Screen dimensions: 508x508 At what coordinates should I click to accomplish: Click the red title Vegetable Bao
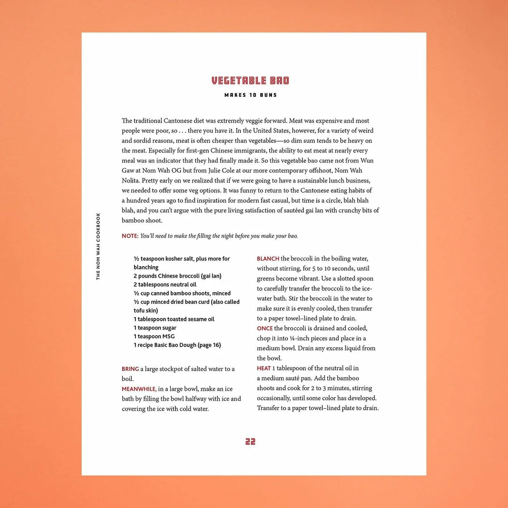pos(250,81)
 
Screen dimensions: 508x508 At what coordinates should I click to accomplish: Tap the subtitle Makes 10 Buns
pos(250,95)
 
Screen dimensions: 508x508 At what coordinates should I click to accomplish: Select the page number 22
pos(250,442)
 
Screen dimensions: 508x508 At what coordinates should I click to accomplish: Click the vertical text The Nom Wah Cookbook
pos(98,246)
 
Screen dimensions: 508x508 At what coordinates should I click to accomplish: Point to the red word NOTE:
pos(130,236)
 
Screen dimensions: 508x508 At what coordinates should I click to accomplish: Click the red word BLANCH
pos(268,259)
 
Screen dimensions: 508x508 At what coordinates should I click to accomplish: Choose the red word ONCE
pos(265,328)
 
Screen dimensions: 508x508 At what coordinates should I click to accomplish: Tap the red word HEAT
pos(264,368)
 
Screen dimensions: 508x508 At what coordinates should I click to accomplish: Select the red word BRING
pos(130,369)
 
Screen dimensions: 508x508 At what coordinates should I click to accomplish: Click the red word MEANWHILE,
pos(139,389)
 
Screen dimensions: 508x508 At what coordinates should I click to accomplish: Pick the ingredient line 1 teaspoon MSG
pos(154,336)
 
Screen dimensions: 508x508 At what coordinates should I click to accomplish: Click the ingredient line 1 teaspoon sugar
pos(155,328)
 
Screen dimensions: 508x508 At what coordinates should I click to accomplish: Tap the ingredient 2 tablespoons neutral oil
pos(165,285)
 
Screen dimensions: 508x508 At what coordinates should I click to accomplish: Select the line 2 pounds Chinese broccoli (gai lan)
pos(177,276)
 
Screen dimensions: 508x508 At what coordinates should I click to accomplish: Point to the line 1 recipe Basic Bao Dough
pos(177,345)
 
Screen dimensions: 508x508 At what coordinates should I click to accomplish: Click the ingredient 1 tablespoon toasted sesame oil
pos(174,319)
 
